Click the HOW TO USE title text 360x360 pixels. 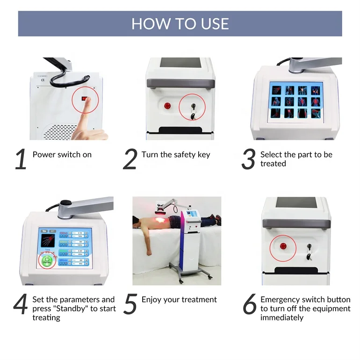point(180,23)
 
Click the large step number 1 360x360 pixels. point(21,159)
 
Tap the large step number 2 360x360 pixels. point(130,159)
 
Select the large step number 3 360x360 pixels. point(248,159)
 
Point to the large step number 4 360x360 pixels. point(21,304)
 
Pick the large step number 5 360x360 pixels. point(130,304)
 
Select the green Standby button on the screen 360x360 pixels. point(47,261)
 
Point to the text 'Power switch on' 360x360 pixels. point(62,155)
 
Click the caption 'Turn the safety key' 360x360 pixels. point(176,155)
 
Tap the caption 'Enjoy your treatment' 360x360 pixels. point(179,300)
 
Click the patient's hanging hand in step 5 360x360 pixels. point(149,253)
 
